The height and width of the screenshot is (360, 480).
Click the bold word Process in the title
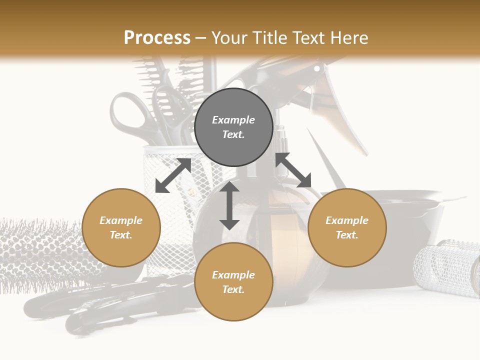[157, 37]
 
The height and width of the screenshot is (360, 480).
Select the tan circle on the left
[121, 227]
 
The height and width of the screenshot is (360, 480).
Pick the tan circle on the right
[347, 227]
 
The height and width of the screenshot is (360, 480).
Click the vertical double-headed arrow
[229, 205]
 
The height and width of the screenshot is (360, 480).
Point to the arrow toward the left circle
[173, 175]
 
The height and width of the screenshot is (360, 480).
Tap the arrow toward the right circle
[293, 170]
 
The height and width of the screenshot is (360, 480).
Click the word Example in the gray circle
[233, 120]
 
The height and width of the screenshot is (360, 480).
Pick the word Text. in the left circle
[121, 235]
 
